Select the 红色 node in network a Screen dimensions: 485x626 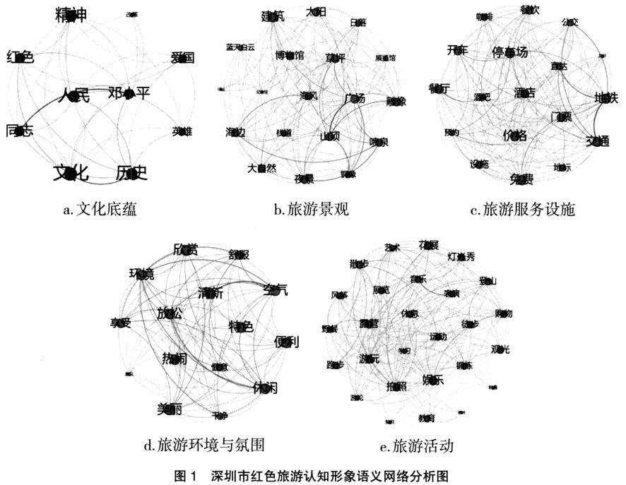20,57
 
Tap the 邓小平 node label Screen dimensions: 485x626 129,94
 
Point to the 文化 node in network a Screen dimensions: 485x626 71,172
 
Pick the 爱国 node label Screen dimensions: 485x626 182,58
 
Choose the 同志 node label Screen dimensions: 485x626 19,130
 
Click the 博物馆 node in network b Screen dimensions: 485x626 290,54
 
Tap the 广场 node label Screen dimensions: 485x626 355,99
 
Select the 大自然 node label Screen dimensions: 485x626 261,169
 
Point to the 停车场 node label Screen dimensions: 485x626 510,52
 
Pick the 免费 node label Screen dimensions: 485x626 521,179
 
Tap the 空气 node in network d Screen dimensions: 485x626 276,289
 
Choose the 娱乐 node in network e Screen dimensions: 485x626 432,379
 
